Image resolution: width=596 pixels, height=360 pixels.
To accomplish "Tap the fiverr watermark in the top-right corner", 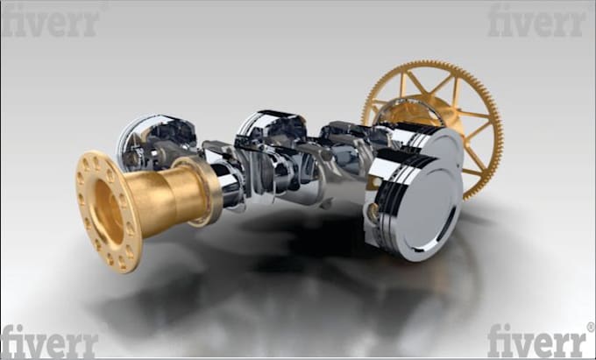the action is pyautogui.click(x=536, y=20).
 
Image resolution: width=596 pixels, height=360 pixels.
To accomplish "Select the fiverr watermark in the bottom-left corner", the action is pyautogui.click(x=49, y=341).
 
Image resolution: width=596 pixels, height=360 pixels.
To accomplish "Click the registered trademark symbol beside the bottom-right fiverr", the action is pyautogui.click(x=591, y=327).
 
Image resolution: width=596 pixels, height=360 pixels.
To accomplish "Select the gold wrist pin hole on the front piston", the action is pyautogui.click(x=373, y=212).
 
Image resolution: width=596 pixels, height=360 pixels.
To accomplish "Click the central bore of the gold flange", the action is pyautogui.click(x=109, y=211).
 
